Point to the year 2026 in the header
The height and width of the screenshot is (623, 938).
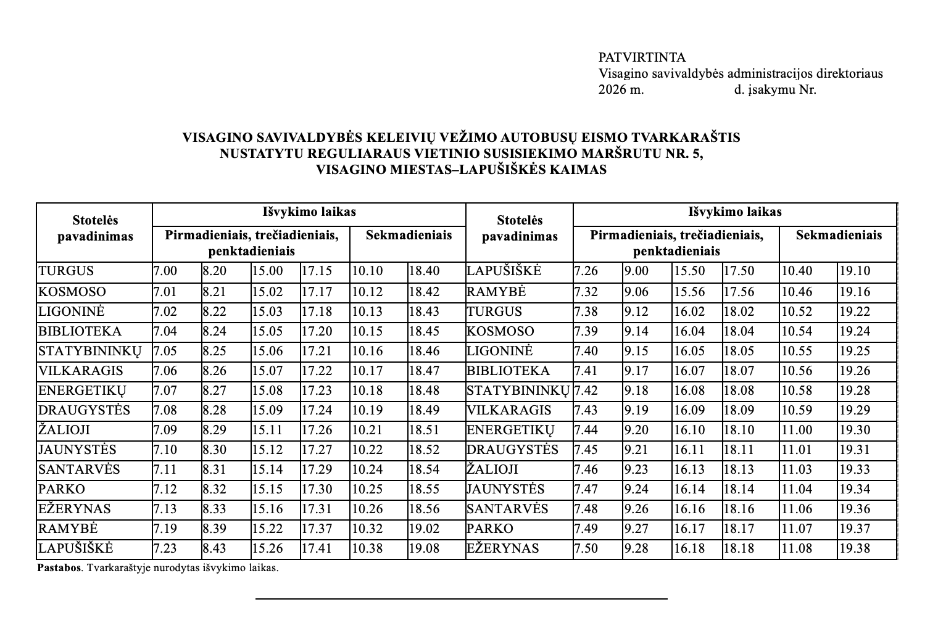pyautogui.click(x=613, y=89)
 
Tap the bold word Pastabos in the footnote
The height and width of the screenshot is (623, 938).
pyautogui.click(x=59, y=568)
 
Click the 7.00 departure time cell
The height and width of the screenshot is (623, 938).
pyautogui.click(x=165, y=271)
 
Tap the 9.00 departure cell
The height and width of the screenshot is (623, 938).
pyautogui.click(x=636, y=271)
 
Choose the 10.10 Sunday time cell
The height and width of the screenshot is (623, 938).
pyautogui.click(x=367, y=271)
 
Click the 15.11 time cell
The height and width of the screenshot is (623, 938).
pyautogui.click(x=267, y=430)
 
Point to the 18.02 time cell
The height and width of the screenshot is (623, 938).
pyautogui.click(x=739, y=311)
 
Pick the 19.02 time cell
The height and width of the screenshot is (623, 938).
pyautogui.click(x=424, y=529)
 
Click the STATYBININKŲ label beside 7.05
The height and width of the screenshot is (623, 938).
pyautogui.click(x=90, y=351)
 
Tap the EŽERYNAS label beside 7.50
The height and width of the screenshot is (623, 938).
pyautogui.click(x=503, y=548)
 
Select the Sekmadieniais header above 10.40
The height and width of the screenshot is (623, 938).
pyautogui.click(x=839, y=235)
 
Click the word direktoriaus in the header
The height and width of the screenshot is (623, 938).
pyautogui.click(x=850, y=73)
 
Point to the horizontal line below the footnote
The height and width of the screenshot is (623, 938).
pyautogui.click(x=462, y=598)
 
